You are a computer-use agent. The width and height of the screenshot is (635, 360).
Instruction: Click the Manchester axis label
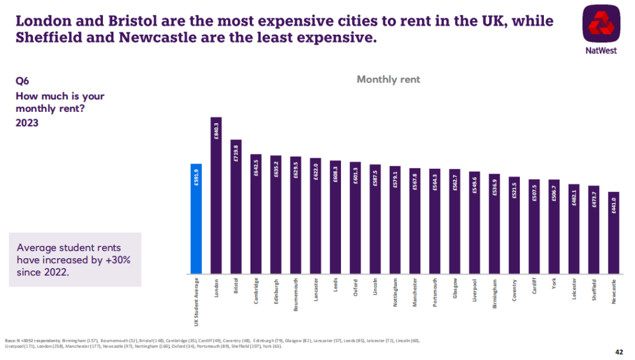(415, 292)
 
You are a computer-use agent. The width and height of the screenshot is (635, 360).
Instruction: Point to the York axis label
(554, 285)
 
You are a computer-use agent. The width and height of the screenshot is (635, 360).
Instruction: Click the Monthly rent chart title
(389, 79)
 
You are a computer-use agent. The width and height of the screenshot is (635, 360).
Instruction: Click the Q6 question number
(22, 81)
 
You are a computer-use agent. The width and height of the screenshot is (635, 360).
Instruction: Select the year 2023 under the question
(27, 123)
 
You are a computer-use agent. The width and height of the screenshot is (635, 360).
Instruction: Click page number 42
(619, 352)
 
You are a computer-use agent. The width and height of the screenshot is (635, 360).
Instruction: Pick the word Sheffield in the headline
(51, 39)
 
